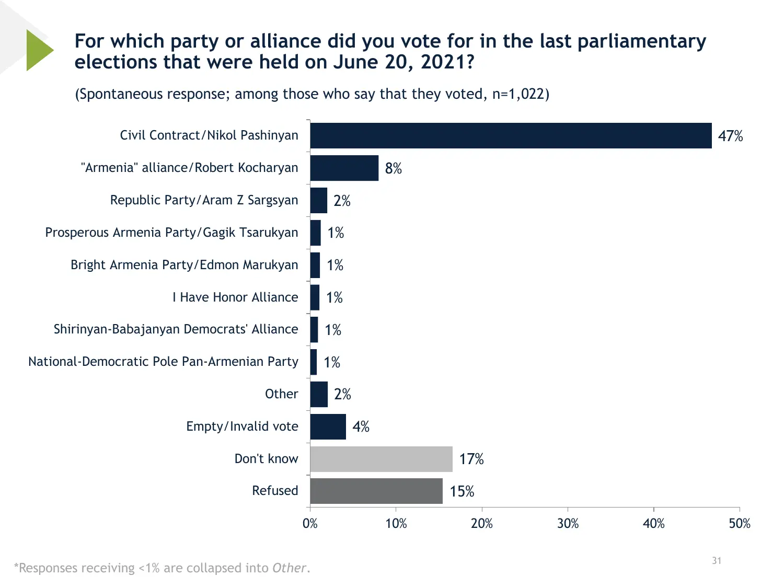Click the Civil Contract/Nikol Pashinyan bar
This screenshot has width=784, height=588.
[x=511, y=136]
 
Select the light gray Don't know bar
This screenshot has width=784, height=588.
[x=381, y=459]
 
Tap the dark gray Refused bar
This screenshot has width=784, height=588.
[x=376, y=491]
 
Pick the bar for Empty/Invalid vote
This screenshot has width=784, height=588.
[x=328, y=426]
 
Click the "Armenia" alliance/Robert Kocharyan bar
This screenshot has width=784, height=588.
[x=344, y=168]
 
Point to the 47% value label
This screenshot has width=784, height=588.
[x=730, y=136]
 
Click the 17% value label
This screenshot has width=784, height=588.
[x=471, y=459]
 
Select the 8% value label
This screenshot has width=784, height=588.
[x=394, y=169]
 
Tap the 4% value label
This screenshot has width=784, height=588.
[x=361, y=427]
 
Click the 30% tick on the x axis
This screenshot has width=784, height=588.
[x=568, y=524]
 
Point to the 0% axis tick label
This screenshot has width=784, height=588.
[x=310, y=524]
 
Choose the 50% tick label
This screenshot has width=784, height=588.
[x=740, y=524]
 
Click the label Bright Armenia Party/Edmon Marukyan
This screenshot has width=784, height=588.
[x=185, y=265]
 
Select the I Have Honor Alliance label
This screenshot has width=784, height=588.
[x=235, y=297]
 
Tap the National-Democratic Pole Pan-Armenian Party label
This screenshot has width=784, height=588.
[x=163, y=362]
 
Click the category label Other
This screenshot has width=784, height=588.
[x=281, y=394]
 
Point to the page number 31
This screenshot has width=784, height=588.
[x=717, y=561]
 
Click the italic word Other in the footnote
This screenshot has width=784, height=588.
[x=289, y=568]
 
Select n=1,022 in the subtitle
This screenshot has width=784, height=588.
[x=518, y=94]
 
